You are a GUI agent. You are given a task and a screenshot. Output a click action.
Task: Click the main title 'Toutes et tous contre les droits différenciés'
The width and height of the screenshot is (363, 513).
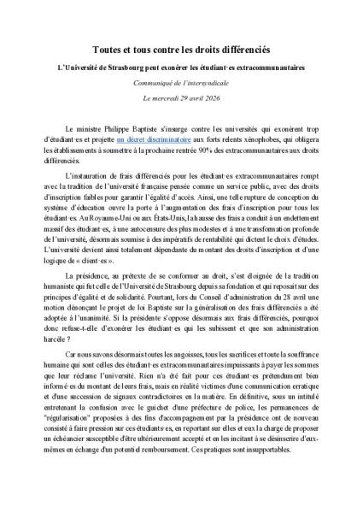[181, 51]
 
